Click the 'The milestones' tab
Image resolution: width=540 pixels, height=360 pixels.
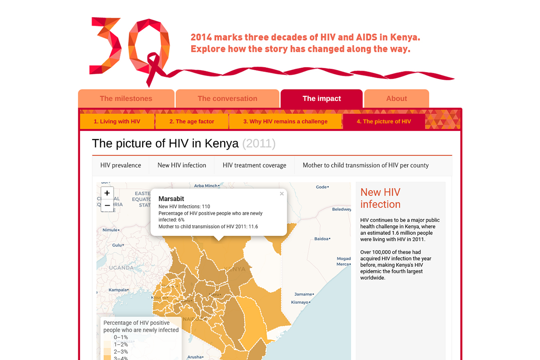(x=126, y=99)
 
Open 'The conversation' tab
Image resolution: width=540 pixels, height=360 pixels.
(x=227, y=99)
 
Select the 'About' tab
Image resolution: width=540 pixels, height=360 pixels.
(x=396, y=99)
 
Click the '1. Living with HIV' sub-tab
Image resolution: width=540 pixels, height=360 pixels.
(x=117, y=121)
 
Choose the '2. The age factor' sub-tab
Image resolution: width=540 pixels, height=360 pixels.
(x=192, y=121)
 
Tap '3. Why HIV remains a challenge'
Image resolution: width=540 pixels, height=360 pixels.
(x=285, y=121)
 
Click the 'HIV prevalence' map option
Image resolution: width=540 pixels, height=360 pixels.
(x=121, y=165)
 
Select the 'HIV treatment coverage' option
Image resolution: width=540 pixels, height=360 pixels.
(x=254, y=165)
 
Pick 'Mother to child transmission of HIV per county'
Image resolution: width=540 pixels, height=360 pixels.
(x=365, y=165)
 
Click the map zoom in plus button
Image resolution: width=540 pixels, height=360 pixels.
(x=107, y=193)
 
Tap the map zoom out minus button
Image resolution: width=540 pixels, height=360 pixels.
(x=107, y=205)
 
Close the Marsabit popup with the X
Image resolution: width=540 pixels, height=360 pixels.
(x=282, y=194)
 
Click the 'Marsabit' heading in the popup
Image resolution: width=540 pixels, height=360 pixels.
(x=171, y=198)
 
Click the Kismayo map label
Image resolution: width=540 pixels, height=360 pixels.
(x=300, y=302)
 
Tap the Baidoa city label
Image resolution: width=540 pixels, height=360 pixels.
(x=321, y=238)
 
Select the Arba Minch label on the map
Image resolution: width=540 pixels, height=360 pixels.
(x=206, y=185)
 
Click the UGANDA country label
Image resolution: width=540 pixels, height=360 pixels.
(x=121, y=268)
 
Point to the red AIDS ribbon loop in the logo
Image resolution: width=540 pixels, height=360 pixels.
(x=153, y=63)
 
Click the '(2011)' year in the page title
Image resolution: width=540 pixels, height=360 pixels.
(x=259, y=144)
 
